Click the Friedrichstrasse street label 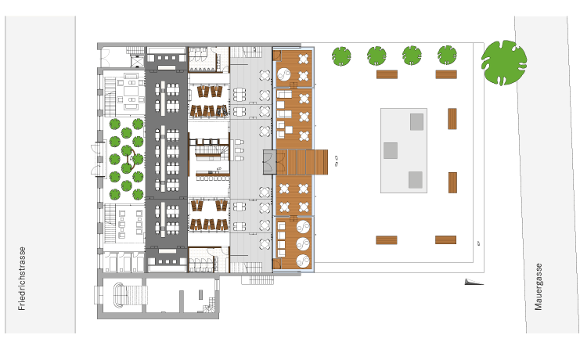[x=22, y=279]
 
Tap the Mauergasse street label [x=539, y=286]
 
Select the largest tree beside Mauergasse [x=504, y=63]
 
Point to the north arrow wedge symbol [x=474, y=282]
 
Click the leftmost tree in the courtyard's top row [x=341, y=56]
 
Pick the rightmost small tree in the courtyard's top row [x=447, y=55]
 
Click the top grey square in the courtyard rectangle [x=416, y=122]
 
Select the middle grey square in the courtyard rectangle [x=391, y=150]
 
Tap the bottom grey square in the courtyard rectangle [x=416, y=180]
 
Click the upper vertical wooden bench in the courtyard [x=452, y=119]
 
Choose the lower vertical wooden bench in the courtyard [x=452, y=183]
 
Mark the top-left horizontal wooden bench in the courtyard [x=387, y=74]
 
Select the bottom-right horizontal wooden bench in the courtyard [x=445, y=240]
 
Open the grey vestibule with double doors [x=270, y=162]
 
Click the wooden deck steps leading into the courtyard [x=302, y=162]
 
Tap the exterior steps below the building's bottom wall [x=258, y=279]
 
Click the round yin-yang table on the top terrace [x=284, y=74]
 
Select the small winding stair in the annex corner [x=209, y=305]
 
